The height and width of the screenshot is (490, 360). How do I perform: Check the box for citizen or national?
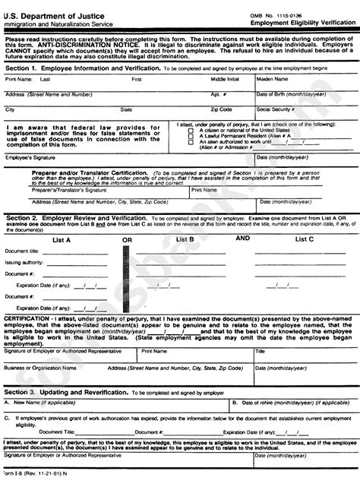[x=191, y=130]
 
